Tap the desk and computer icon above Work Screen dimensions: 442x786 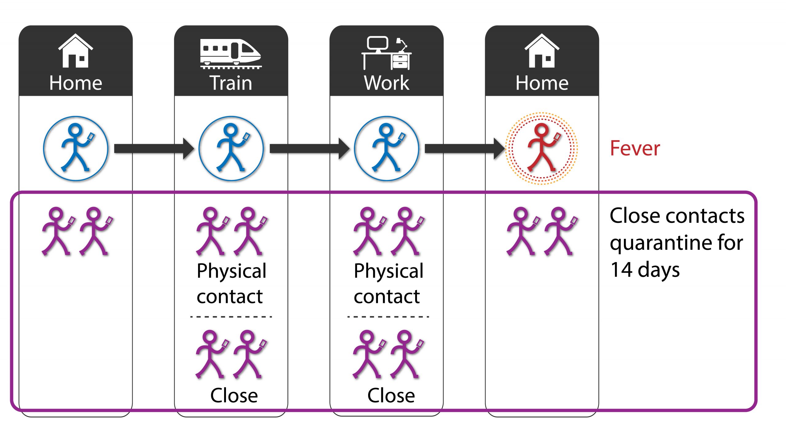click(x=386, y=53)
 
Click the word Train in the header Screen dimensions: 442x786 click(x=231, y=83)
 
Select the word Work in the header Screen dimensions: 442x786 click(x=387, y=83)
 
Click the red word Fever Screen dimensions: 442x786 click(x=635, y=148)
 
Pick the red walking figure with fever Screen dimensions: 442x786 click(x=542, y=148)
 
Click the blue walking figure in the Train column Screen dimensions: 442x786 click(x=231, y=148)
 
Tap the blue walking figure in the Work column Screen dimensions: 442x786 click(x=387, y=148)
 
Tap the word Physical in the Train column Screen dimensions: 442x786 click(x=232, y=272)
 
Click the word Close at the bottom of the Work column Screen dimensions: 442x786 click(x=391, y=395)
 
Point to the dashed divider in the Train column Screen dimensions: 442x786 click(x=231, y=316)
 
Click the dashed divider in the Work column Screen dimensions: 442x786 click(x=388, y=316)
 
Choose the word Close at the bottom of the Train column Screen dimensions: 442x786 click(x=234, y=395)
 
